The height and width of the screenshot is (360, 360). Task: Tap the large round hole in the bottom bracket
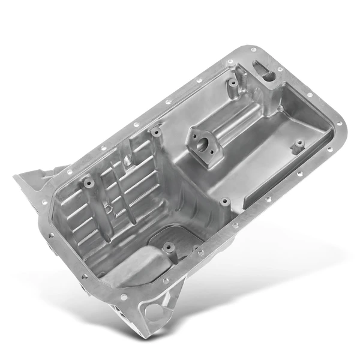click(x=155, y=311)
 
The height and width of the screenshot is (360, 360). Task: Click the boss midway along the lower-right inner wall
click(x=224, y=202)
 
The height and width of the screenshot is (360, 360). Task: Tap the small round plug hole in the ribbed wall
click(x=110, y=208)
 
